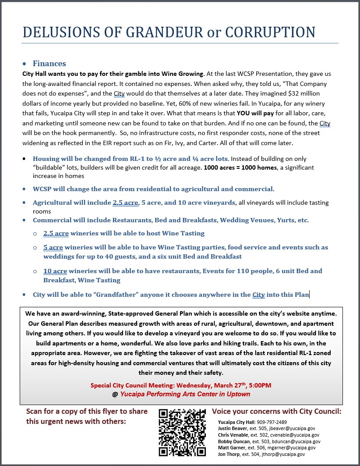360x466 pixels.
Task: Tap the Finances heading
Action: click(49, 64)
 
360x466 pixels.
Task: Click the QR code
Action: click(182, 432)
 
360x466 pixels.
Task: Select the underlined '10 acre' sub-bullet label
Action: click(56, 271)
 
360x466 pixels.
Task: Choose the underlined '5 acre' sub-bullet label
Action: click(53, 247)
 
